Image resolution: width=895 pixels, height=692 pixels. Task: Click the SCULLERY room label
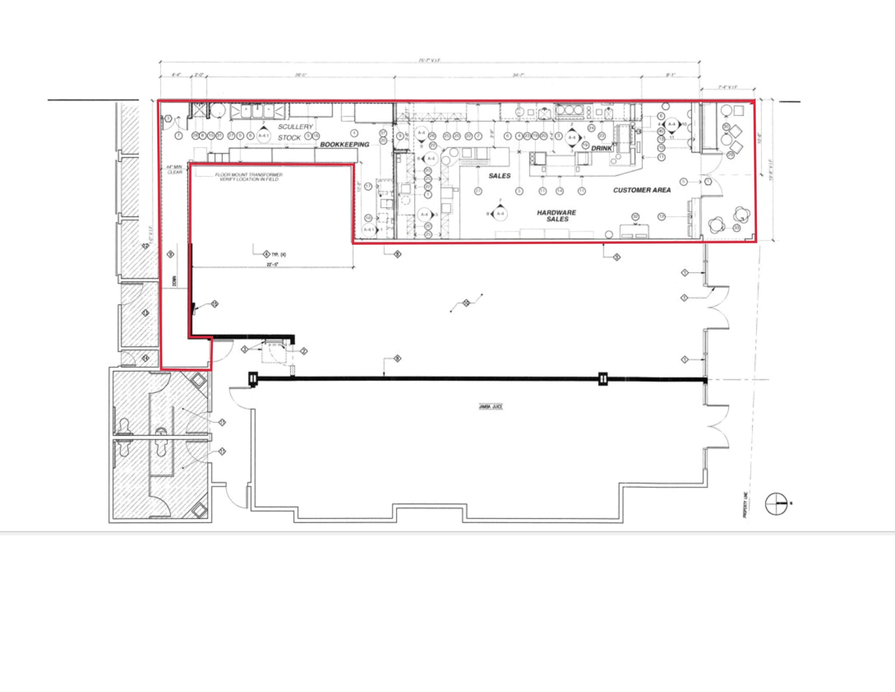[295, 127]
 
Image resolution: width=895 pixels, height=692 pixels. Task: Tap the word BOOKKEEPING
[344, 145]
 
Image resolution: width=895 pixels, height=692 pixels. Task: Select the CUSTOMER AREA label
[642, 190]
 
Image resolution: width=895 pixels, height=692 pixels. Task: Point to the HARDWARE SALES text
[557, 216]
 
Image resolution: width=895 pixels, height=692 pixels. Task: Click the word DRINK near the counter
[601, 149]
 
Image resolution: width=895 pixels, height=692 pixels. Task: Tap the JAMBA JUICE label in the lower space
[490, 407]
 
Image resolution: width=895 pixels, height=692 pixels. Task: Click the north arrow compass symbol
[776, 504]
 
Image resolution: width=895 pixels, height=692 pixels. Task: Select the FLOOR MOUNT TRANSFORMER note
[249, 177]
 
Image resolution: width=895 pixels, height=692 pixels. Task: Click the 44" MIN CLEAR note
[174, 170]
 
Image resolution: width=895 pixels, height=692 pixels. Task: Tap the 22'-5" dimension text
[272, 264]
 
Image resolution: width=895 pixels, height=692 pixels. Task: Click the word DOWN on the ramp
[174, 280]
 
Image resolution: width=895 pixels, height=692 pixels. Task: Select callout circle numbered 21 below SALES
[478, 191]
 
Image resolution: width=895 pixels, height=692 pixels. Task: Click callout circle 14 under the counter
[559, 191]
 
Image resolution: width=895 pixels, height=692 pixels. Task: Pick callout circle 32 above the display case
[635, 217]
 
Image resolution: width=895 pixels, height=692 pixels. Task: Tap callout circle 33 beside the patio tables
[737, 228]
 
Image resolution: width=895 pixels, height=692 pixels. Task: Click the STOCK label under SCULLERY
[289, 138]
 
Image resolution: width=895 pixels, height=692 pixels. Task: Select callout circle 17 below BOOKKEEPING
[368, 187]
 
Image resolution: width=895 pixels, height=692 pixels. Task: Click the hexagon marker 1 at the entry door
[708, 181]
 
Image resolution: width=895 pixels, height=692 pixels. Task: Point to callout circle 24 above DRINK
[591, 128]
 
